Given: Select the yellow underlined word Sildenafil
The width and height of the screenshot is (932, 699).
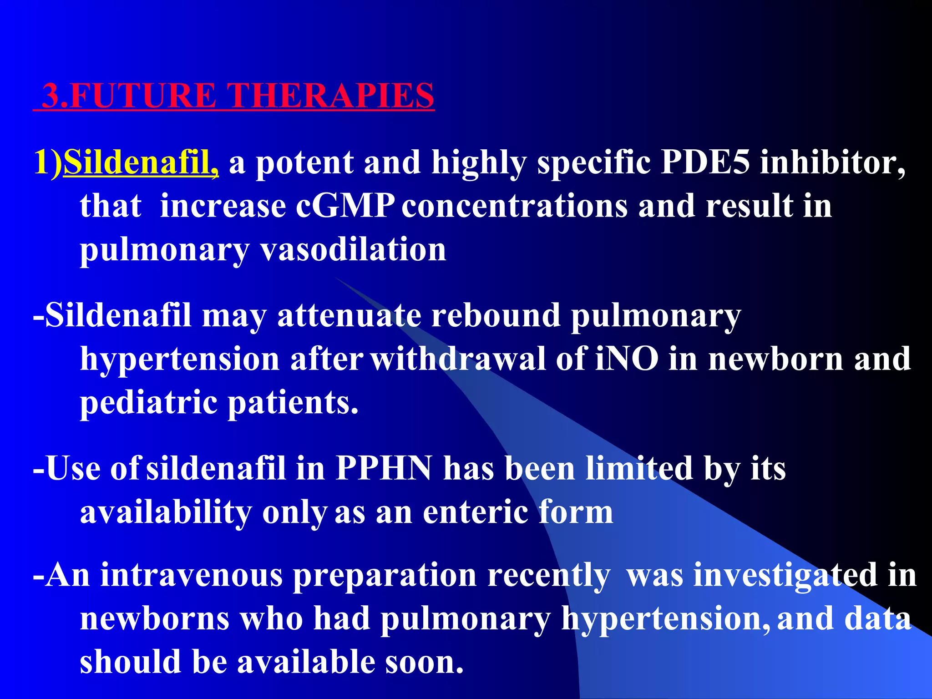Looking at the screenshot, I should coord(140,162).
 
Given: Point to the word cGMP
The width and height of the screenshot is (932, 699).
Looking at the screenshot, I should coord(345,206).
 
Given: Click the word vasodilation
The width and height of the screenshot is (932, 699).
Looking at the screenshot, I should coord(353,250).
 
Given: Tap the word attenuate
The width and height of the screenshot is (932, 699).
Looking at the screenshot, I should coord(349,315).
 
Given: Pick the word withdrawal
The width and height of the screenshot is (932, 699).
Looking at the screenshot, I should coord(457,359).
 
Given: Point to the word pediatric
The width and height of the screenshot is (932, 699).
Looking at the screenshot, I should coord(148,403).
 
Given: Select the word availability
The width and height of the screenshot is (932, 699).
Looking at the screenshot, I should coord(166,512).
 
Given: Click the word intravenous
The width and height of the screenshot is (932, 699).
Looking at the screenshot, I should coord(191,575).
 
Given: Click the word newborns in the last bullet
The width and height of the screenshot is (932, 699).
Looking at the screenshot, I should coord(155,618).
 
